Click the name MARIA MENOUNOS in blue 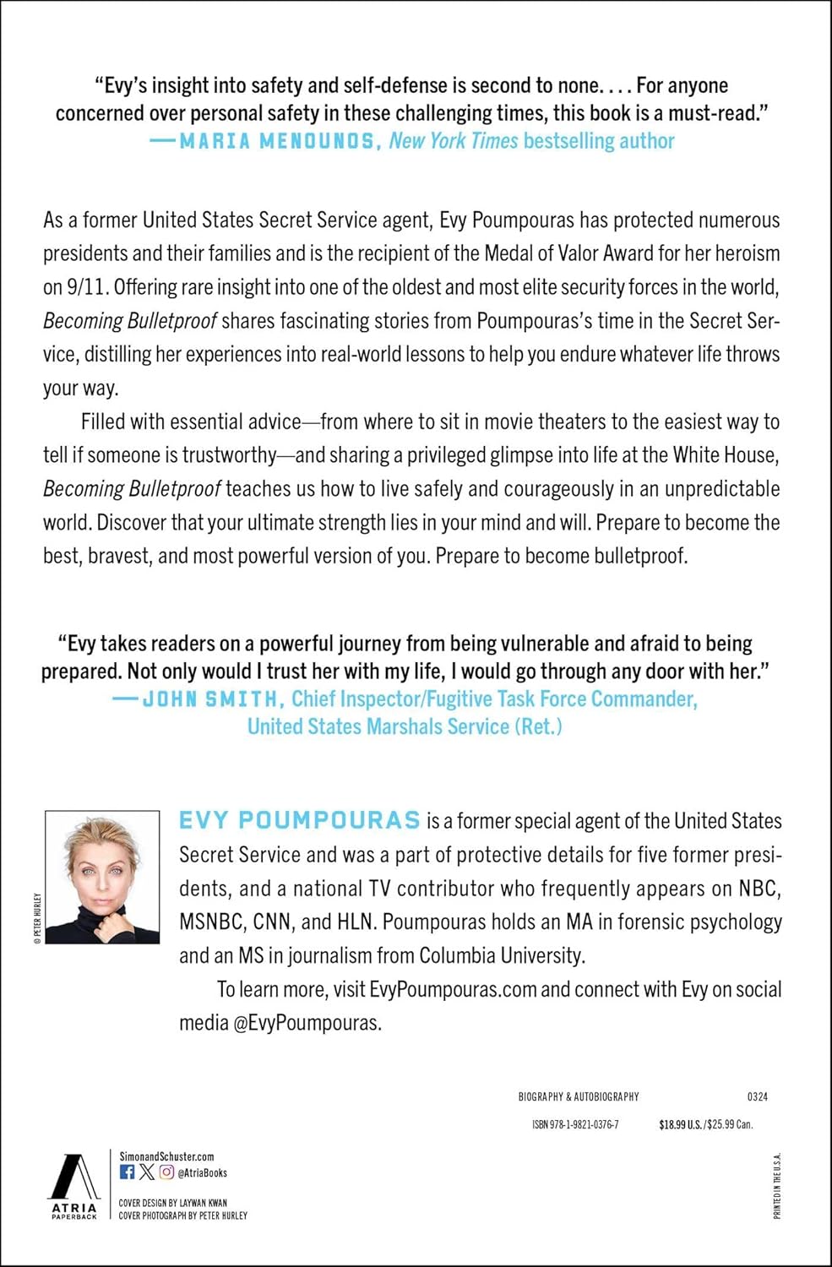pos(277,141)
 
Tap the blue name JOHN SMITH pos(210,699)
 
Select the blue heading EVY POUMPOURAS pos(300,820)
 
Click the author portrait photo pos(102,877)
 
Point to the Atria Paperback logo pos(74,1185)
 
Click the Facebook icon pos(128,1172)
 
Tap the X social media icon pos(147,1172)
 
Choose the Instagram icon pos(166,1172)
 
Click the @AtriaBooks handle pos(203,1173)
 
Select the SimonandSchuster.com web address pos(166,1156)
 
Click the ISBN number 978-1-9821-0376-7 pos(575,1124)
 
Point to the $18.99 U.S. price pos(680,1124)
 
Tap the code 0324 pos(758,1096)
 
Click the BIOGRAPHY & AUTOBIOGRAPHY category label pos(579,1096)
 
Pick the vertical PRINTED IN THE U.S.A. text pos(777,1185)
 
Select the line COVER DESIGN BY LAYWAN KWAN pos(172,1203)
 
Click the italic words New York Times pos(453,141)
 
